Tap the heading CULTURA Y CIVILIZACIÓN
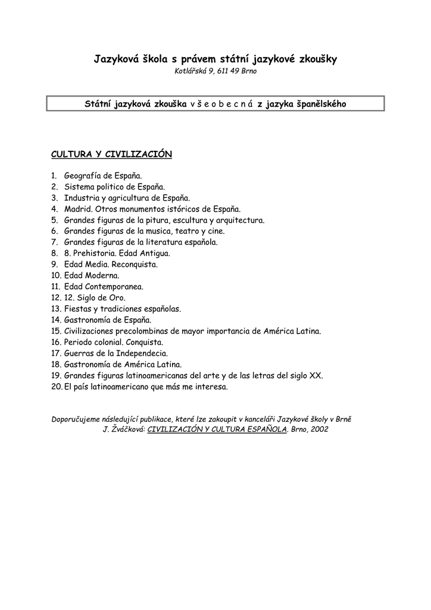(111, 154)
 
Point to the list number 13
(56, 309)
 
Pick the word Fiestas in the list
(78, 309)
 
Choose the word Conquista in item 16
(143, 343)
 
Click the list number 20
(56, 387)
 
